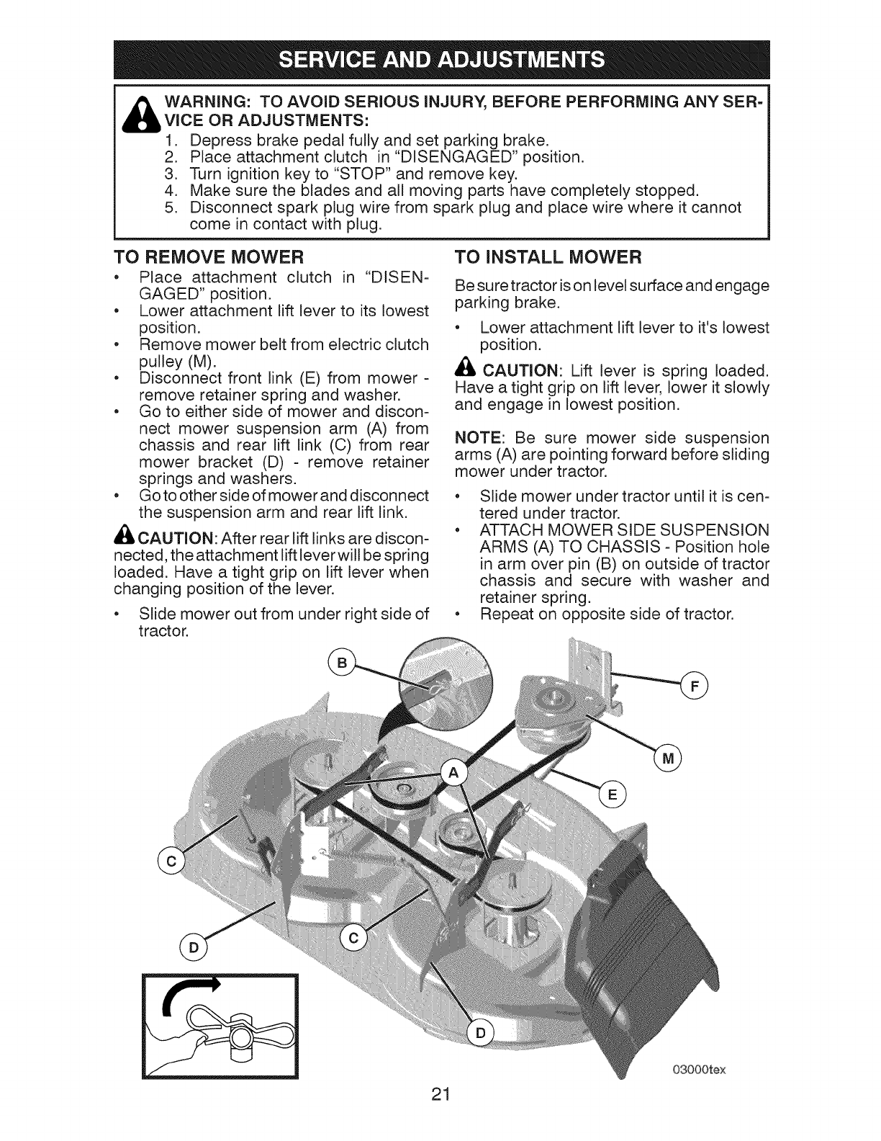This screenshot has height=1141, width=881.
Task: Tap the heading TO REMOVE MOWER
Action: pyautogui.click(x=209, y=257)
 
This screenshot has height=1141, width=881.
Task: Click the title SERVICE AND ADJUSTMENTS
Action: pyautogui.click(x=440, y=58)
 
